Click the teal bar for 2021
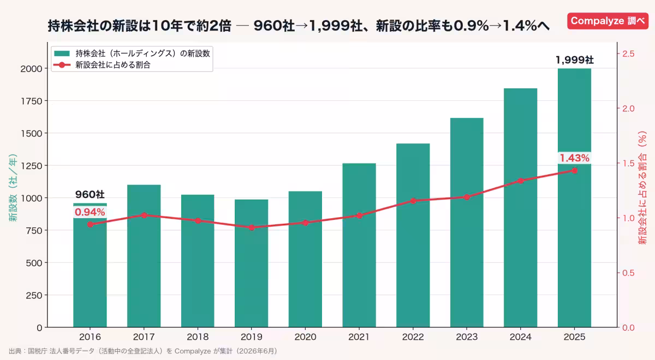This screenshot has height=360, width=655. (x=359, y=245)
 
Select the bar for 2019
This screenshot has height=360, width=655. (x=251, y=263)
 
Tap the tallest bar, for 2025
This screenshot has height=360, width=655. (x=574, y=198)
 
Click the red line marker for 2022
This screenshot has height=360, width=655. (x=413, y=201)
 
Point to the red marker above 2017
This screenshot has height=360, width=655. (x=144, y=215)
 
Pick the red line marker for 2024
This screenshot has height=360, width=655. (x=521, y=181)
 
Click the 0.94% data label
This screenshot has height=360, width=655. (x=90, y=212)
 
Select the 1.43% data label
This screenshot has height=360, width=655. (x=574, y=158)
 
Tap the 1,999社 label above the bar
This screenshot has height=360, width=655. (x=575, y=60)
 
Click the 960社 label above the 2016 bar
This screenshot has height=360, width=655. (x=90, y=194)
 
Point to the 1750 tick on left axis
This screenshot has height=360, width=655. (x=31, y=101)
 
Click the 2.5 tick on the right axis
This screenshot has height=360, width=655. (x=628, y=54)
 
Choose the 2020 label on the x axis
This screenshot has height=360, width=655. (x=305, y=337)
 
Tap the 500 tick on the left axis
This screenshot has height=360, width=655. (x=34, y=263)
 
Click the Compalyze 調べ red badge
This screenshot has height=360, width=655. (x=608, y=21)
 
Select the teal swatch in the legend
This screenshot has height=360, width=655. (x=62, y=53)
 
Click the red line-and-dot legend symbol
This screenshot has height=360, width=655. (x=62, y=65)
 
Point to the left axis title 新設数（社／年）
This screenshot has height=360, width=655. (x=13, y=188)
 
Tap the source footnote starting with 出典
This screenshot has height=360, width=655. (x=143, y=351)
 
